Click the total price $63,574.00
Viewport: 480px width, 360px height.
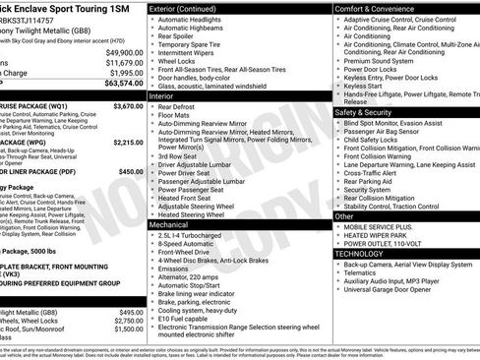coord(119,85)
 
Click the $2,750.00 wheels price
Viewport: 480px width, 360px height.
coord(127,321)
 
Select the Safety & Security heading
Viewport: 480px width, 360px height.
coord(370,112)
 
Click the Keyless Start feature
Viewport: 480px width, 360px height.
coord(366,86)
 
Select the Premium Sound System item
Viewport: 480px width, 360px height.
coord(384,60)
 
